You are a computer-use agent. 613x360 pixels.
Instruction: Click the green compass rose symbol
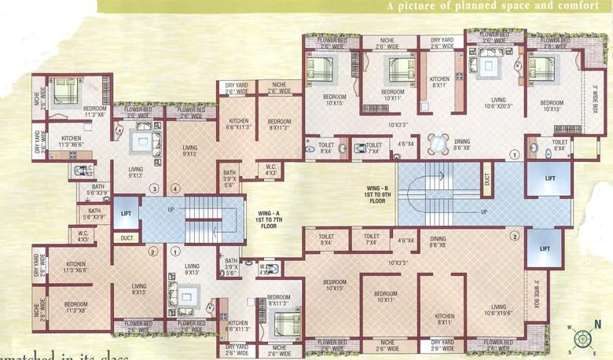pos(582,339)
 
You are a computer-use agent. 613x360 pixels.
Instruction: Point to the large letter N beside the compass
pos(599,324)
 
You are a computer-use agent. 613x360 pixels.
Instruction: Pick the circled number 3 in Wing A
pos(155,189)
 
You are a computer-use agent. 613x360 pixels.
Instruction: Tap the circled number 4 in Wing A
pos(175,189)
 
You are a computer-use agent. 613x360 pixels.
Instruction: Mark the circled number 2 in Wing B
pos(515,236)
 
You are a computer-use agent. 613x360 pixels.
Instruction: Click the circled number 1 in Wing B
pos(515,156)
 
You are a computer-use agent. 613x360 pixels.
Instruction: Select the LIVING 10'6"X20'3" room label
pos(497,103)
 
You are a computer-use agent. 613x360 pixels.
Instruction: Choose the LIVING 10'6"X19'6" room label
pos(497,310)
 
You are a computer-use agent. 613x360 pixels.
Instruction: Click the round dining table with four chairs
pos(438,143)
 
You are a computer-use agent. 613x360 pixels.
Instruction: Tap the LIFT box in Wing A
pos(126,214)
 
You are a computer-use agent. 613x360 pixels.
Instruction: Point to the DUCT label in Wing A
pos(127,238)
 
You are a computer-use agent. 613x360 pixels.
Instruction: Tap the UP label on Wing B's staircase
pos(483,212)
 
